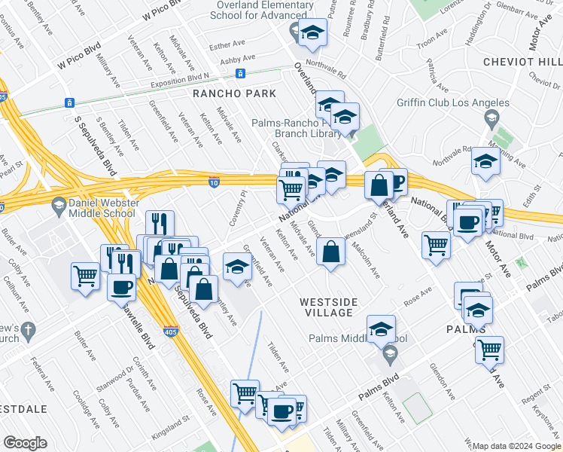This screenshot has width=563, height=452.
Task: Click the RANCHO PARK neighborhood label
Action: [x=234, y=93]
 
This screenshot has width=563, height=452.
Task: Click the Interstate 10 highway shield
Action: [x=215, y=180]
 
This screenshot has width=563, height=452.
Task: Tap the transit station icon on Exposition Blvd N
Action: [x=240, y=74]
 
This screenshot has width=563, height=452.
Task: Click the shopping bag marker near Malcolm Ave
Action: [x=331, y=252]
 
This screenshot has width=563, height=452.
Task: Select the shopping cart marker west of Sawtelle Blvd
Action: [x=86, y=275]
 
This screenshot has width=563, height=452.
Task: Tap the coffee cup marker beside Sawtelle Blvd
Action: [x=121, y=286]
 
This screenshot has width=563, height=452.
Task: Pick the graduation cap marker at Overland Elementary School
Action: [x=312, y=32]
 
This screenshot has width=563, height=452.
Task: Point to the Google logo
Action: [x=25, y=443]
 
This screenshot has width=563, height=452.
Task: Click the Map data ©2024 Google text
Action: [x=516, y=446]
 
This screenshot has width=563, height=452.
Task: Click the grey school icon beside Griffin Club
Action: [x=491, y=118]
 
